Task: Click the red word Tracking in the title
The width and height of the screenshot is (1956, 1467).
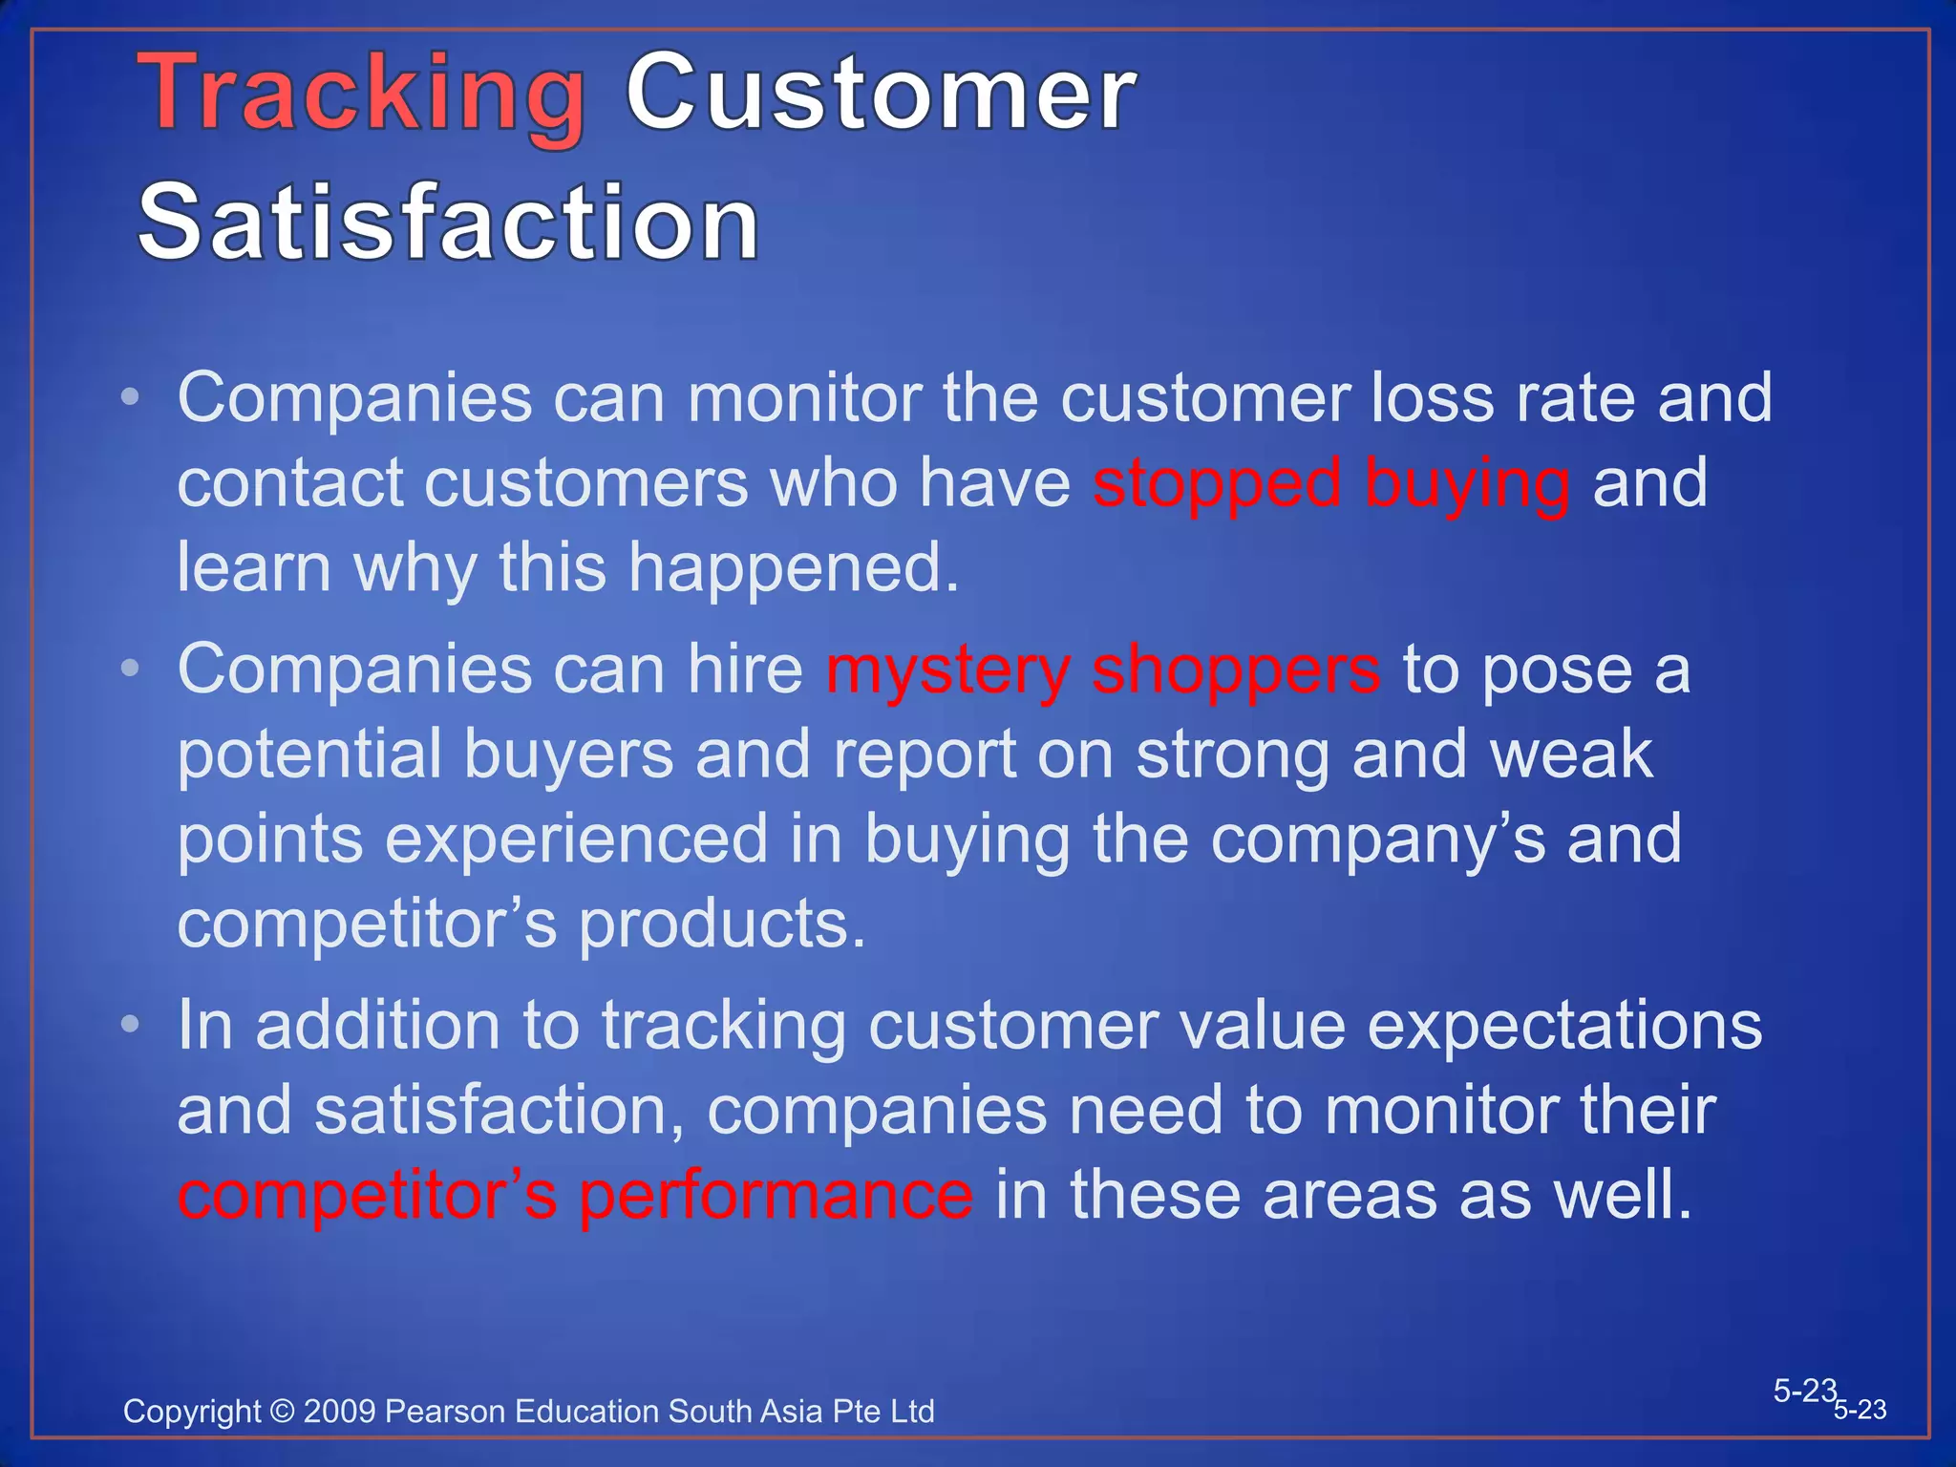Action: tap(363, 96)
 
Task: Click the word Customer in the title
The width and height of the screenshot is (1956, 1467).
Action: tap(881, 94)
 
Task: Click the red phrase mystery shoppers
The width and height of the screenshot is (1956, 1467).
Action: tap(1103, 670)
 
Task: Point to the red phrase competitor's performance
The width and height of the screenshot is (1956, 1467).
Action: tap(575, 1196)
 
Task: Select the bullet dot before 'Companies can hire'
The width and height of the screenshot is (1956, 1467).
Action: tap(131, 669)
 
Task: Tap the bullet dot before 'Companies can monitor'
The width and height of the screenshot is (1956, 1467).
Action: tap(131, 396)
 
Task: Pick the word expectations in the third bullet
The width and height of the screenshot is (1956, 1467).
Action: tap(1563, 1026)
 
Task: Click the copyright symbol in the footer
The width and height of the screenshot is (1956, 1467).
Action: tap(283, 1412)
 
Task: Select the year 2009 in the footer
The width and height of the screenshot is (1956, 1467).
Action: tap(339, 1412)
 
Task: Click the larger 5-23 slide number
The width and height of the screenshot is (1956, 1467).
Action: tap(1804, 1391)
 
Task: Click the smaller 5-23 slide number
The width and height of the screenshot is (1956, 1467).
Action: tap(1860, 1410)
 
